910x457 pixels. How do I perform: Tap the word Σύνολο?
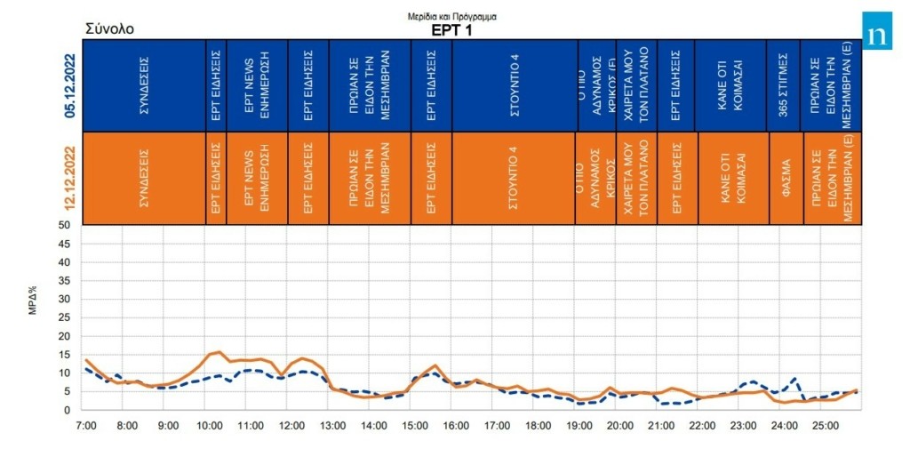(109, 28)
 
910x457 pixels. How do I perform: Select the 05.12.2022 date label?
(69, 85)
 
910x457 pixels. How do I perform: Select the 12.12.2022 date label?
(69, 178)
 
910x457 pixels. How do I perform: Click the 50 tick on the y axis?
(64, 225)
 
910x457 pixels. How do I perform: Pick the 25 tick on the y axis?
(64, 317)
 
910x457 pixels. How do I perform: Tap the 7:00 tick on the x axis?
(85, 426)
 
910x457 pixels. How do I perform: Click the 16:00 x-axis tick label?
(455, 426)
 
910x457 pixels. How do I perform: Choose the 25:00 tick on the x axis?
(825, 426)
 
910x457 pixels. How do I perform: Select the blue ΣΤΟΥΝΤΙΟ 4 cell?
(515, 85)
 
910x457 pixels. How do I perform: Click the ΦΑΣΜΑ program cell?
(786, 178)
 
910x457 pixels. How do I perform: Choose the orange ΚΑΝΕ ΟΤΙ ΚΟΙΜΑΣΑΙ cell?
(732, 178)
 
